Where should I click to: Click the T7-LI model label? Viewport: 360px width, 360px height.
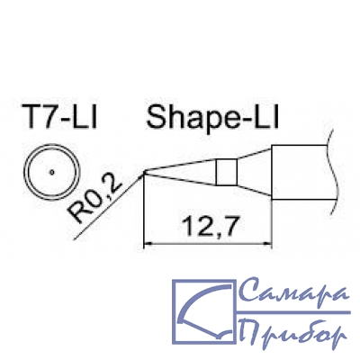click(59, 118)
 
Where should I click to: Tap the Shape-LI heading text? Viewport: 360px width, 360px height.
click(212, 118)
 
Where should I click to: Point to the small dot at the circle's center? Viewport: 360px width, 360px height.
click(52, 172)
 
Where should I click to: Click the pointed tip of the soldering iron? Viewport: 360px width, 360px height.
click(145, 172)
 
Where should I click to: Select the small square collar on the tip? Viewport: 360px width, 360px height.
click(227, 172)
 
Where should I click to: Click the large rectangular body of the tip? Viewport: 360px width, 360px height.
click(299, 172)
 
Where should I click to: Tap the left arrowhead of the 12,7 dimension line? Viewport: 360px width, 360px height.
click(148, 245)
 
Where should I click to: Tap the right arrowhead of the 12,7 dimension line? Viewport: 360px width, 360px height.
click(267, 245)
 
